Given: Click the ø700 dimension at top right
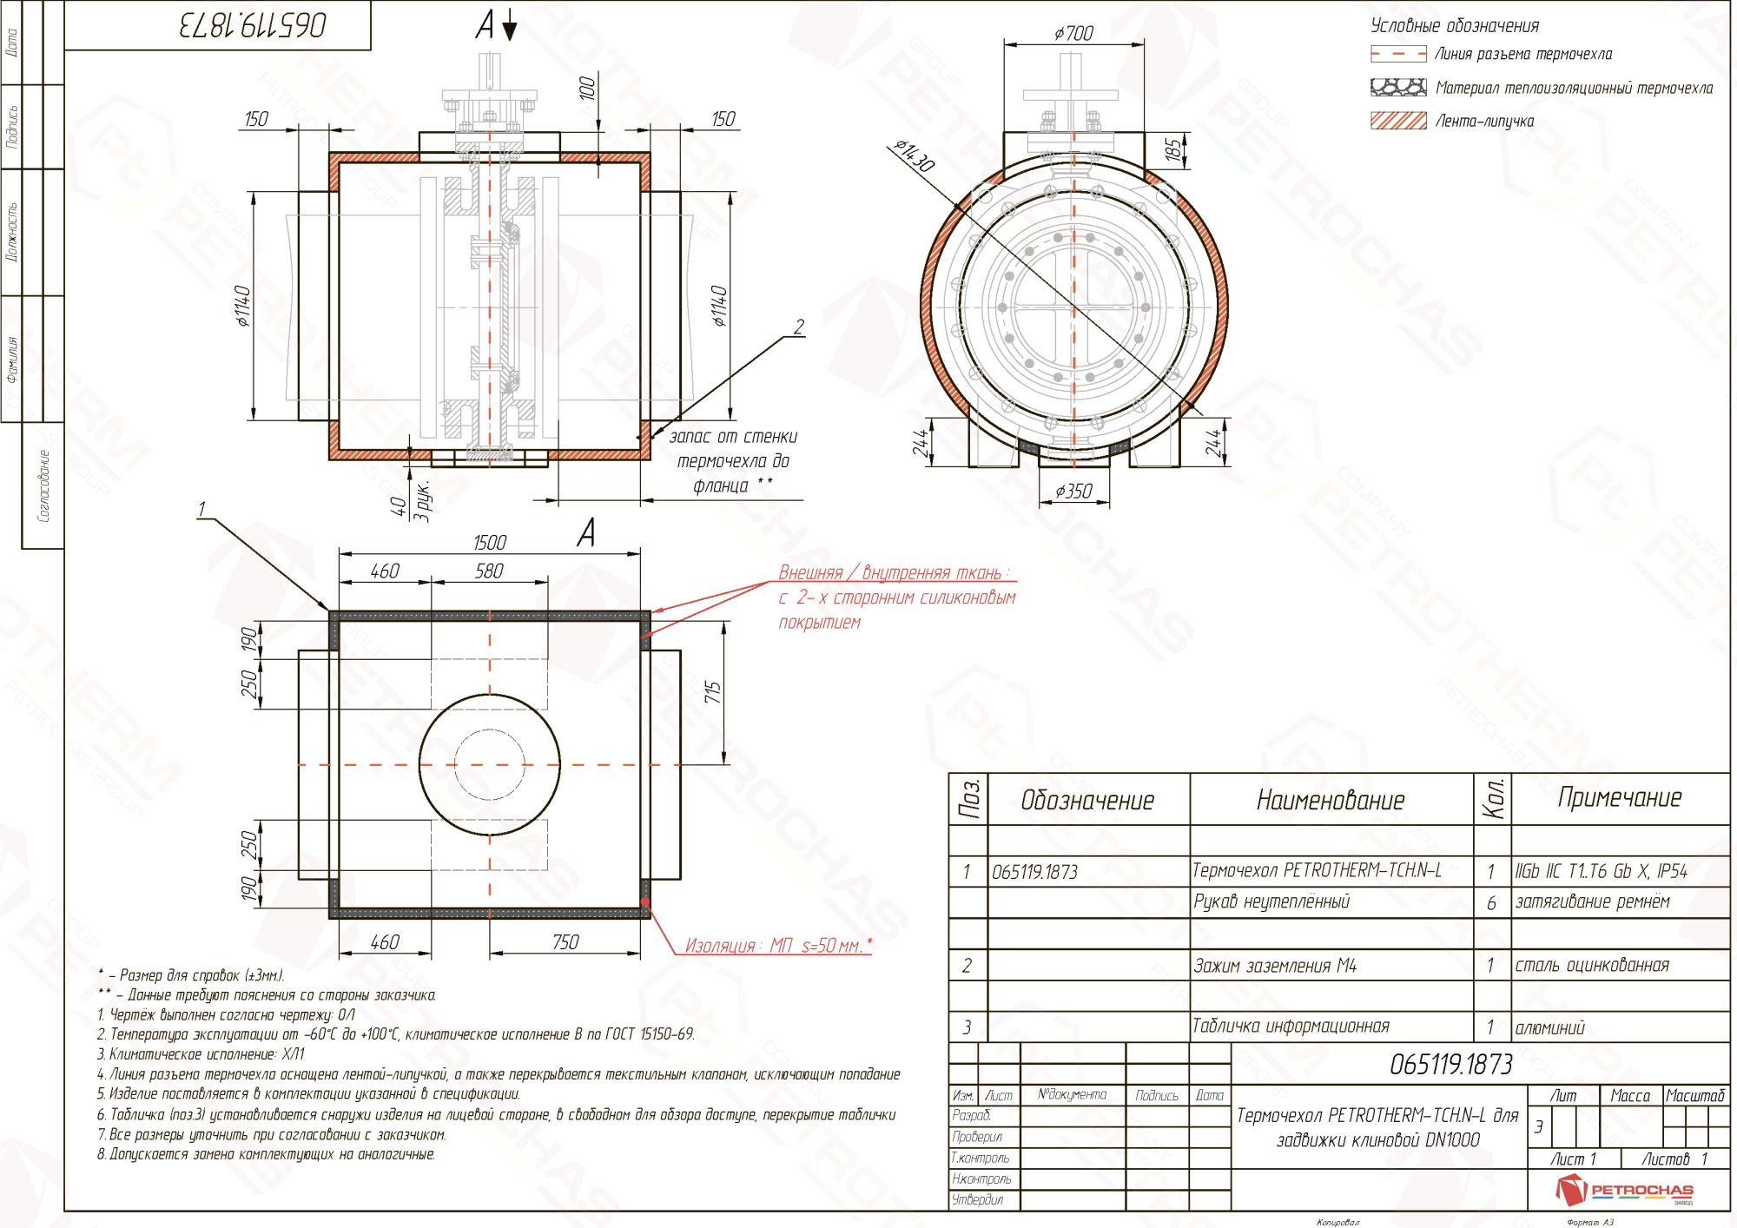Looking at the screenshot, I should coord(1073,33).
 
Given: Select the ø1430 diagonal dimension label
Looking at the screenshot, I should coord(915,156).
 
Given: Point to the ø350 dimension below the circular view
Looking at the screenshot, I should coord(1073,492).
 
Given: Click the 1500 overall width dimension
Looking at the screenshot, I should coord(489,542).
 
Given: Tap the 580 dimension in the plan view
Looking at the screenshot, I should coord(489,571).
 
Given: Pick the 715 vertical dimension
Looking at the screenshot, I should coord(713,692).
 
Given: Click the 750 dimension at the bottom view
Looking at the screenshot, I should coord(565,942).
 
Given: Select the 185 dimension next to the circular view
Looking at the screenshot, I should coord(1173,149).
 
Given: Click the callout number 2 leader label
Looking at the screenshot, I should coord(799,327).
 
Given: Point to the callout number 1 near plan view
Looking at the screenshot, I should coord(201,509).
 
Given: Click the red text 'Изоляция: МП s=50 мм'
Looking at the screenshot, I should coord(776,946).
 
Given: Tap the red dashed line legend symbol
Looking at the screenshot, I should coord(1397,54).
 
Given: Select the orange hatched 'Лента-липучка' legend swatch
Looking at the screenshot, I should coord(1397,121).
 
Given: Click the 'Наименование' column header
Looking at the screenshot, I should coord(1330,800).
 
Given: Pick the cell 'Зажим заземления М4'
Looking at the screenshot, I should coord(1274,966).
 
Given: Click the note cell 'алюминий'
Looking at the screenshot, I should coord(1549,1028).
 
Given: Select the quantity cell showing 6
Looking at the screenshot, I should coord(1491,903).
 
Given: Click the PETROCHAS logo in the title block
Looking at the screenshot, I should coord(1624,1190).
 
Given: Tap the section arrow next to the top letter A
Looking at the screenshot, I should coord(510,29).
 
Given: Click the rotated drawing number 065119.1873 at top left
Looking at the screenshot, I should coord(253,25).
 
